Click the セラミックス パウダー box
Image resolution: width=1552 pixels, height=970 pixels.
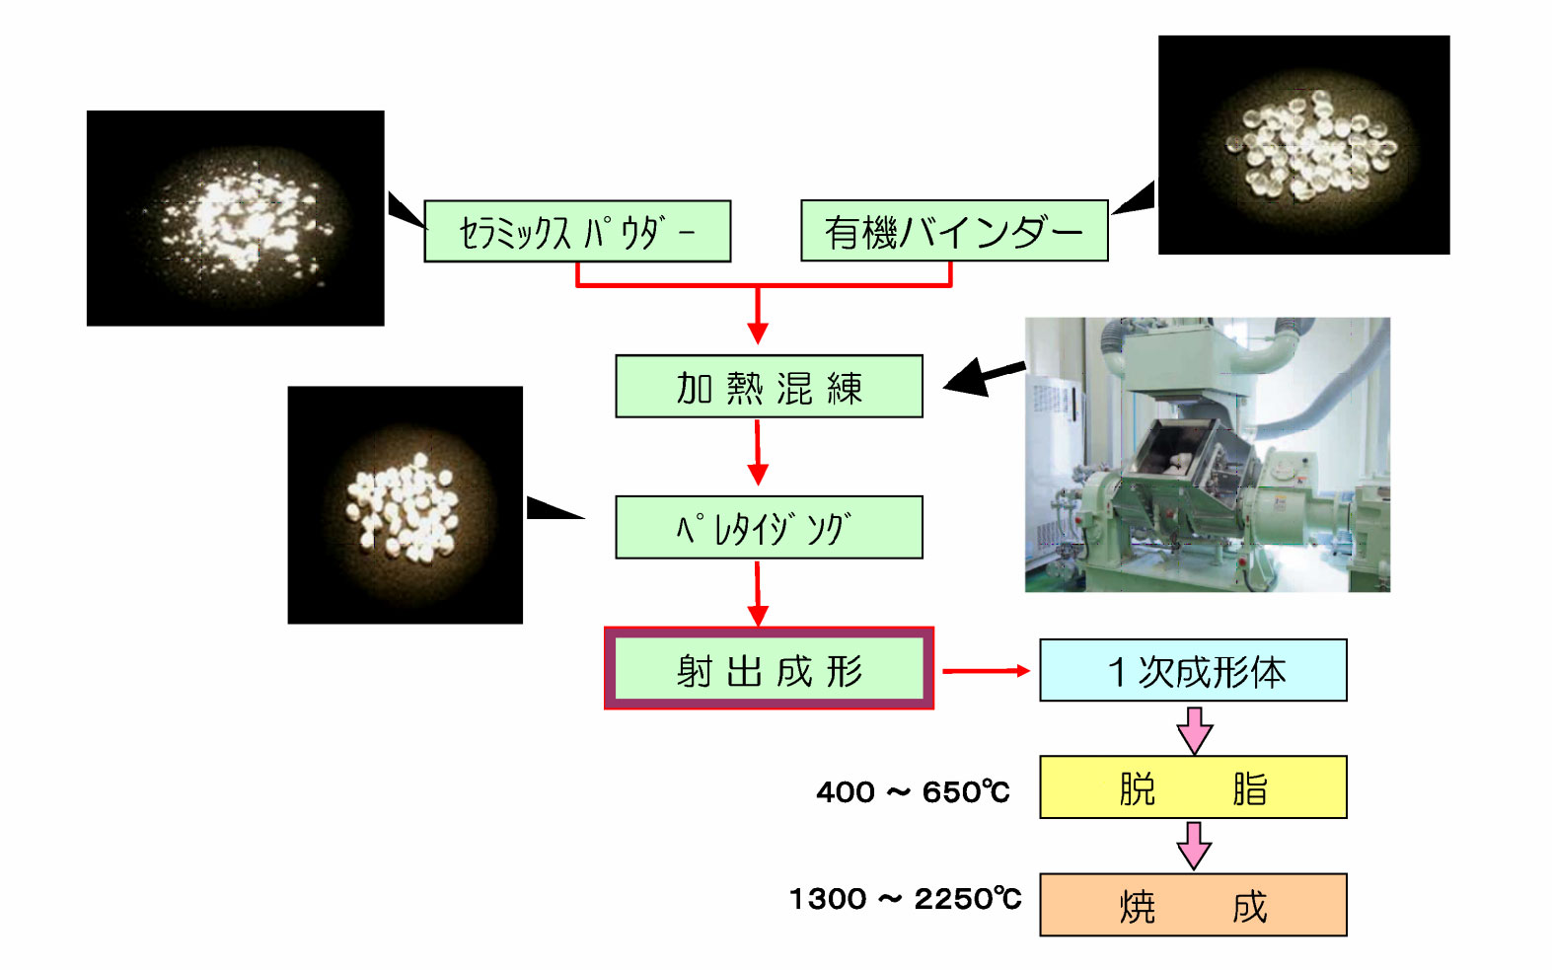(577, 232)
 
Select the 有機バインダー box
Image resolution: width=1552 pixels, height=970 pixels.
(954, 232)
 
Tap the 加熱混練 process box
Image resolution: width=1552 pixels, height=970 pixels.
(769, 387)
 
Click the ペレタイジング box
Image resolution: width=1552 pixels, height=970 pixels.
(769, 528)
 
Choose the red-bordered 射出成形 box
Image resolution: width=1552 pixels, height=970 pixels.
(769, 669)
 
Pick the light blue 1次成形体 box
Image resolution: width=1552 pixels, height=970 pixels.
(1193, 671)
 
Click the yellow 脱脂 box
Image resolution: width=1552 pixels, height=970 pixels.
(1193, 787)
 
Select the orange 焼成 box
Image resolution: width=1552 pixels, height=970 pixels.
(1193, 905)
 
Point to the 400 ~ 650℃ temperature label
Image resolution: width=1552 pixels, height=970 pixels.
(913, 791)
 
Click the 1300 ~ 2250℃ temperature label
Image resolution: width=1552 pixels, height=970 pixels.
(905, 899)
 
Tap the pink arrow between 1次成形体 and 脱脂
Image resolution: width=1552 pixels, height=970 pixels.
(1194, 730)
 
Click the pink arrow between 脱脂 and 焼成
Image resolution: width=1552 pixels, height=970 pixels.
(1194, 846)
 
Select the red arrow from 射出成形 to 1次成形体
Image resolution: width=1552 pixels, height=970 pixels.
(986, 671)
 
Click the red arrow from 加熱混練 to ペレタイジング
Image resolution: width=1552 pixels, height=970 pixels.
(758, 453)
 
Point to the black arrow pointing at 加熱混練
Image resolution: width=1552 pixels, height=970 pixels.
(983, 377)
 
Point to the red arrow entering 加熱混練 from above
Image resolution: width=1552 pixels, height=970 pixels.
(758, 316)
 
